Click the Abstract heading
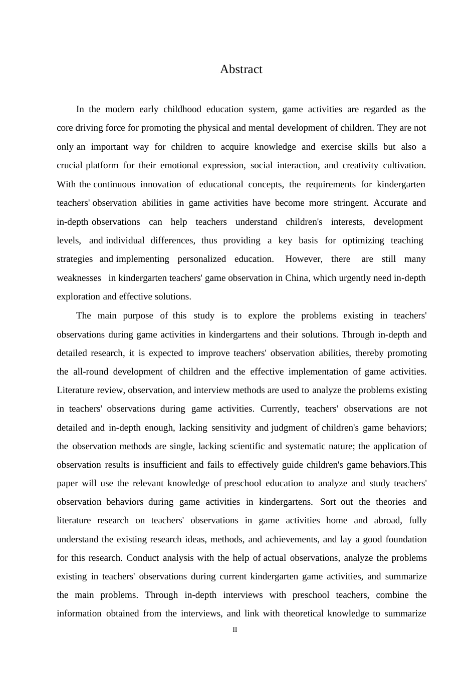241,70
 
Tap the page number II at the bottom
234,630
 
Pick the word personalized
201,259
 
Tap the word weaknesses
79,278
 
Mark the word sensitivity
231,428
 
